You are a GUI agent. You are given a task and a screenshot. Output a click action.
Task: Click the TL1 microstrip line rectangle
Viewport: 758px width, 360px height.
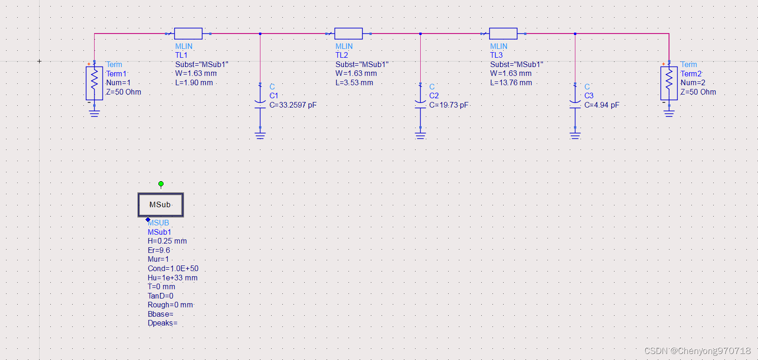(x=188, y=34)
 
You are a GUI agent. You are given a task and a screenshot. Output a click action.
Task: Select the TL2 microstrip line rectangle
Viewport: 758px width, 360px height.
(x=348, y=34)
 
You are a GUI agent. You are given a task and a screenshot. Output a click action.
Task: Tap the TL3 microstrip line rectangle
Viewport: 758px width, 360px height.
(x=503, y=34)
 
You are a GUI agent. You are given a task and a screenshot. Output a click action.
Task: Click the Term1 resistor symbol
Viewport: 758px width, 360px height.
(x=94, y=83)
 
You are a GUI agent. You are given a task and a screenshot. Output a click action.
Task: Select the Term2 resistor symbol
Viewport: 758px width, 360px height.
(x=669, y=83)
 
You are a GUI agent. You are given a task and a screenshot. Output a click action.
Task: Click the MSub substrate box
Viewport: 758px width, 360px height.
(x=161, y=205)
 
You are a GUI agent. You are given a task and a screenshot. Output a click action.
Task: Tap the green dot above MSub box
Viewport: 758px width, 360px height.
(x=161, y=184)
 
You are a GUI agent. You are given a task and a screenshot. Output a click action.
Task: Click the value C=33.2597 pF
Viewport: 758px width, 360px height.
(x=293, y=105)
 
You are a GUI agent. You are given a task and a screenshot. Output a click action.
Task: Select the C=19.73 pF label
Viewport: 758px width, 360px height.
(x=449, y=105)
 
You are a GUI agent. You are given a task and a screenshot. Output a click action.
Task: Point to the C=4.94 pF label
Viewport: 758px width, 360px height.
(x=602, y=105)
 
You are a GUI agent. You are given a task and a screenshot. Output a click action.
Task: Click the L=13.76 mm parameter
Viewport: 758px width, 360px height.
(x=511, y=83)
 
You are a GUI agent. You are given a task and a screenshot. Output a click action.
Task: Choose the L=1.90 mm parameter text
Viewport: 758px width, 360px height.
(x=194, y=83)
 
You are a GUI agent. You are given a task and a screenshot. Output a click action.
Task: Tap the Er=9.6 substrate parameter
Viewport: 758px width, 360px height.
(x=159, y=250)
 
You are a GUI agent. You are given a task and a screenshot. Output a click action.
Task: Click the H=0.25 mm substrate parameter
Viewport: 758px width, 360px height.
(x=167, y=241)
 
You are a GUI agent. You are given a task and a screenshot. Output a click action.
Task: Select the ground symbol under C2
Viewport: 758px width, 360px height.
(x=420, y=136)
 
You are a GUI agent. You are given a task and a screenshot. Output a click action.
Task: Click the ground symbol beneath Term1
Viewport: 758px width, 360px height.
(x=94, y=113)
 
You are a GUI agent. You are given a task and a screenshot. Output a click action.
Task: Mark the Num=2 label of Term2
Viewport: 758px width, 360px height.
(x=693, y=83)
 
